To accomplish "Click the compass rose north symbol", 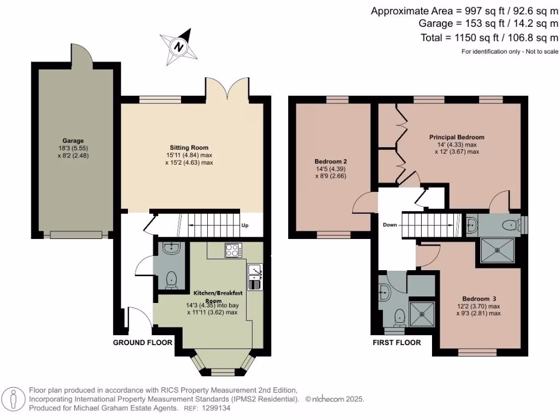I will (178, 46).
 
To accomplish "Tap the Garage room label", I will (73, 141).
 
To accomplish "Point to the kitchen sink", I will (255, 270).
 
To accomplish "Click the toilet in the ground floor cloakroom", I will (171, 279).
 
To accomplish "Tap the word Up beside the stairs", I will (246, 225).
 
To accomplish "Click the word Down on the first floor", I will (390, 225).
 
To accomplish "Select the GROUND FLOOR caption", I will (143, 343).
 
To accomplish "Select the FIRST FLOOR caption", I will (396, 343).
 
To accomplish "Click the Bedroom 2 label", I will (331, 162).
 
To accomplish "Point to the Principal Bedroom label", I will (456, 137).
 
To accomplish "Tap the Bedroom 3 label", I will (479, 299).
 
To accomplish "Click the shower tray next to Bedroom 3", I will (422, 314).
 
